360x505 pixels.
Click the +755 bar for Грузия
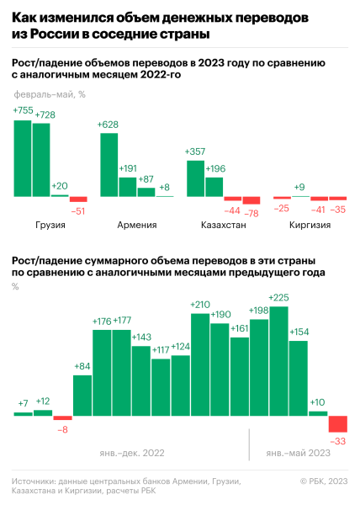(x=23, y=158)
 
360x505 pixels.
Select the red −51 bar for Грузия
(x=77, y=200)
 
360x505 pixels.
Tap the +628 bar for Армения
(x=109, y=165)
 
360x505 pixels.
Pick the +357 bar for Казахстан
(x=195, y=178)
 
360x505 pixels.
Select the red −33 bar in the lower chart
(x=338, y=424)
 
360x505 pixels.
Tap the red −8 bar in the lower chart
(x=63, y=417)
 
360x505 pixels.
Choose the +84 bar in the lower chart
(x=82, y=395)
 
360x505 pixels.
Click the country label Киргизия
(x=309, y=226)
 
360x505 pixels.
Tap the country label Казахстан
(x=223, y=226)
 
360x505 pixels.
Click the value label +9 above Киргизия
(x=299, y=187)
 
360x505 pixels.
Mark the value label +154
(x=299, y=332)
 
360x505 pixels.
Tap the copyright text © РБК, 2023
(x=323, y=481)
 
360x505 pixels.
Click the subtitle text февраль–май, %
(x=50, y=93)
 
